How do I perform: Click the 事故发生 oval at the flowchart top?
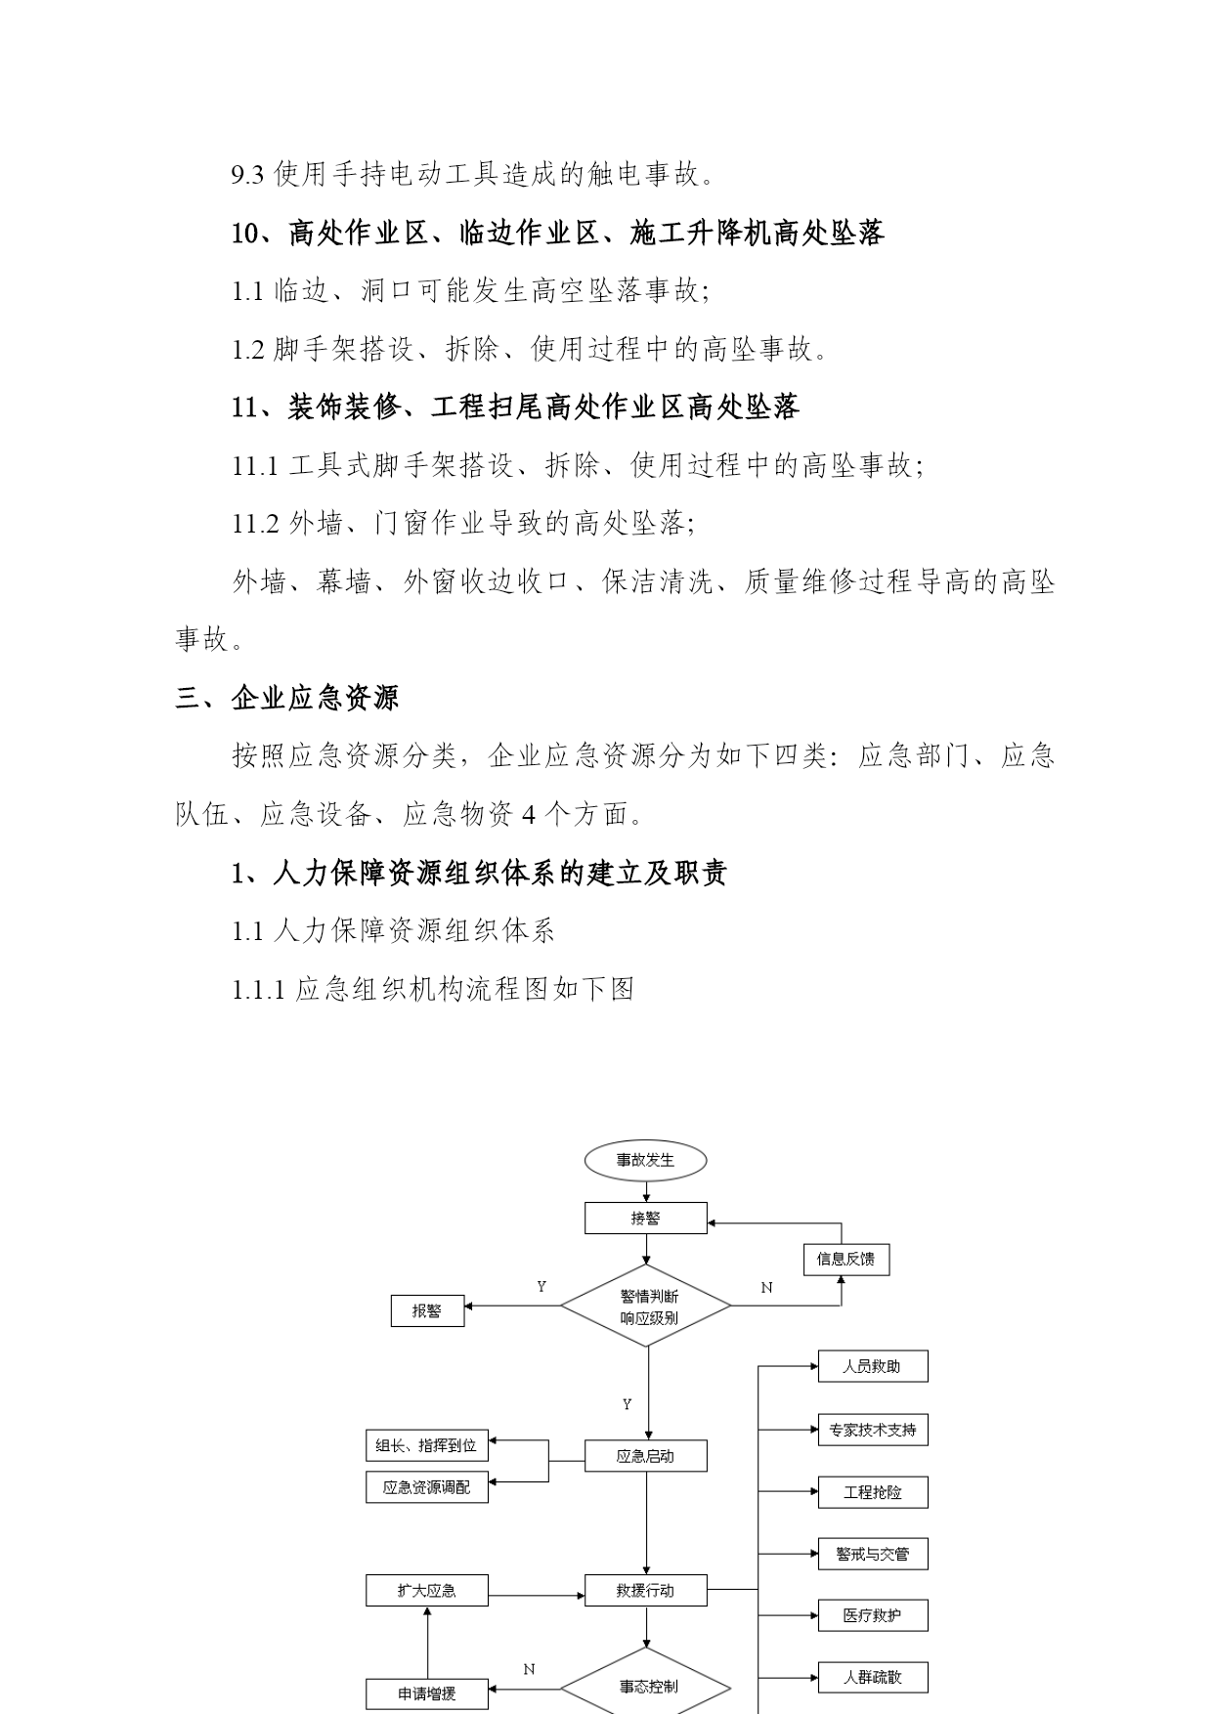click(645, 1160)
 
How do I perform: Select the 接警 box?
click(645, 1218)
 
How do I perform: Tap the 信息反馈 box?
click(846, 1259)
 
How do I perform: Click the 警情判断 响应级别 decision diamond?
click(646, 1307)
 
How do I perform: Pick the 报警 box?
click(427, 1310)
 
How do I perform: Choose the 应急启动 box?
click(645, 1456)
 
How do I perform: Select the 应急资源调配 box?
click(427, 1486)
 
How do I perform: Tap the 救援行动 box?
click(645, 1590)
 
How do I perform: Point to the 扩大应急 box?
click(427, 1590)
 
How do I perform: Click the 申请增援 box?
click(427, 1693)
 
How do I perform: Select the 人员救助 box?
click(873, 1366)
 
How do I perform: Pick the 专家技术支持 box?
click(873, 1430)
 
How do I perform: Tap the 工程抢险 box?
click(873, 1492)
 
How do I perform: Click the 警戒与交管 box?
click(873, 1554)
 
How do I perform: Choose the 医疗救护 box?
click(873, 1615)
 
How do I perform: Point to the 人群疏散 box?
click(873, 1677)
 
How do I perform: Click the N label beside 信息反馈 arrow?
click(766, 1288)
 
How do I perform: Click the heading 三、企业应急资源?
click(287, 698)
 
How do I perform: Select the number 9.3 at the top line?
click(247, 176)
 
